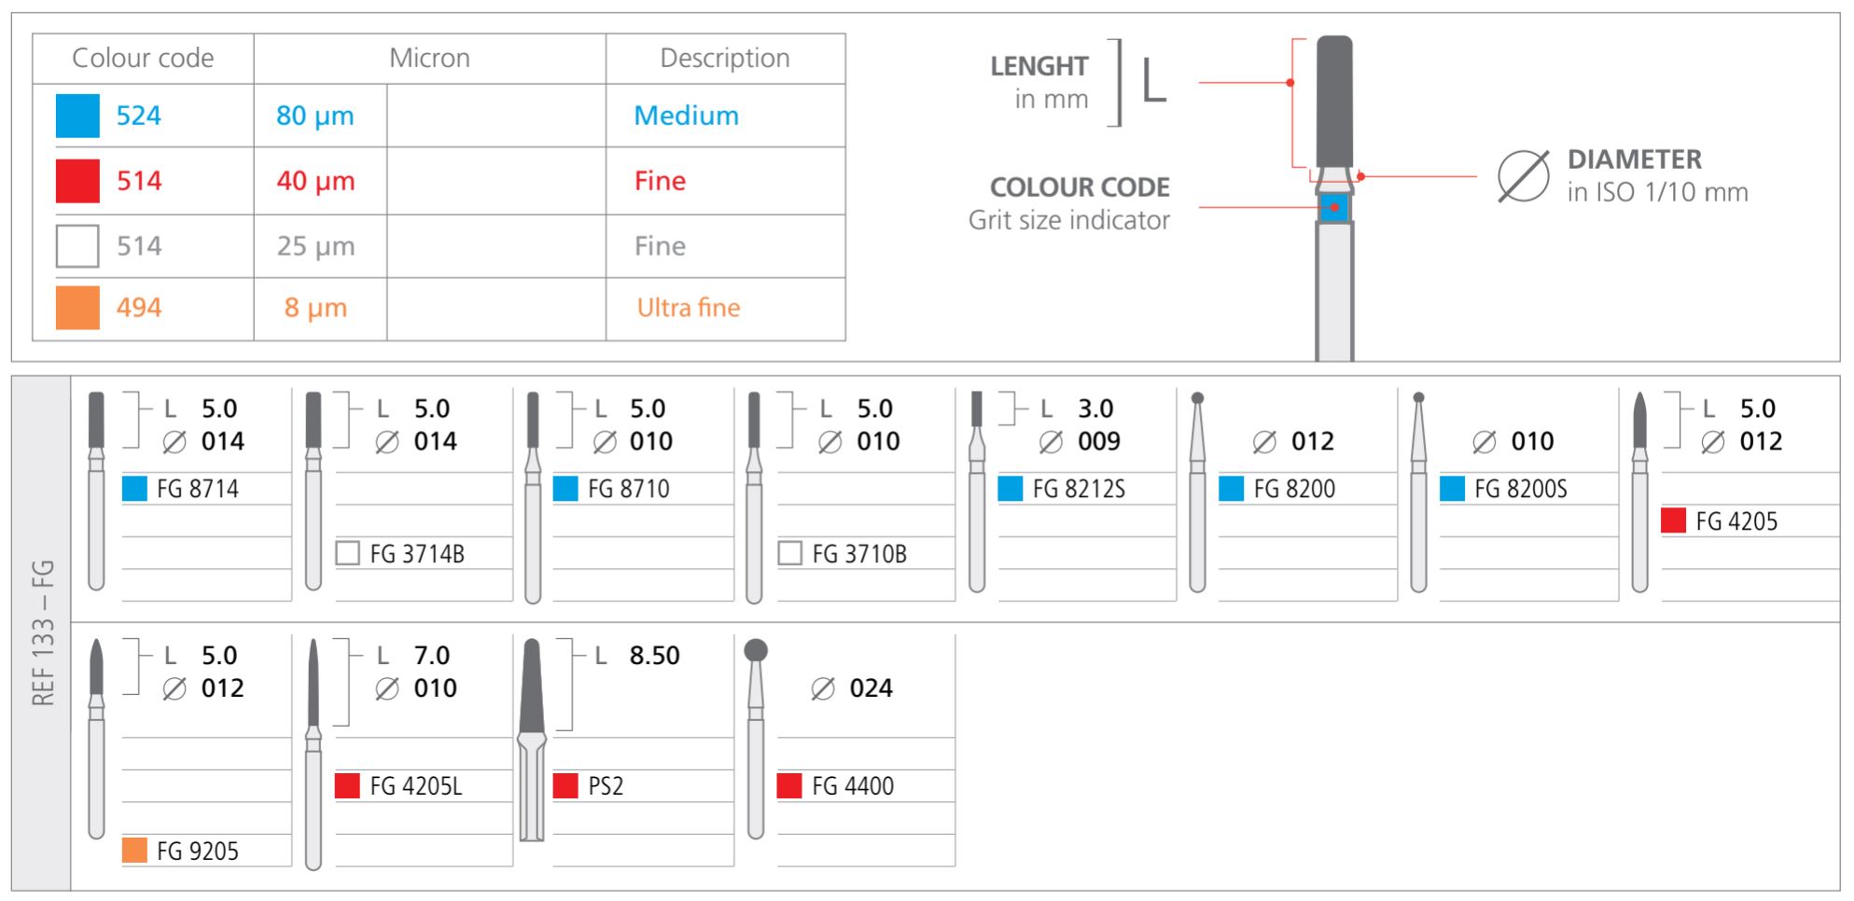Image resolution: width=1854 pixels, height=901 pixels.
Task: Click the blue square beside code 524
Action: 77,116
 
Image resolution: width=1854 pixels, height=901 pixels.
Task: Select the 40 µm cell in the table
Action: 315,181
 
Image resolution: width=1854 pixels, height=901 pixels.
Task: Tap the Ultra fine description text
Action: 688,308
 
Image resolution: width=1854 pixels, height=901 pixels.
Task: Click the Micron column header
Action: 429,58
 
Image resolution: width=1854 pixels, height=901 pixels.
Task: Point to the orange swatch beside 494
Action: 77,308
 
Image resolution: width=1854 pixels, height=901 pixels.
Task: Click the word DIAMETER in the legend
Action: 1634,159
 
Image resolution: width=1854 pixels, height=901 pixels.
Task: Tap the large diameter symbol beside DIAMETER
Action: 1523,175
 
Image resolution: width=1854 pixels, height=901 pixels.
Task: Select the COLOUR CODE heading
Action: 1079,187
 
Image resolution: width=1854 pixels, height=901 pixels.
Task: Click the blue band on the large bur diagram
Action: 1334,207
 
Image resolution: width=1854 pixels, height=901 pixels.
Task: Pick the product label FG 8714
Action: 197,489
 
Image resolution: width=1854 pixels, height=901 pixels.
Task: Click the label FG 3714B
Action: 416,554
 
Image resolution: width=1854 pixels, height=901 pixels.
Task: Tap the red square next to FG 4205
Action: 1673,520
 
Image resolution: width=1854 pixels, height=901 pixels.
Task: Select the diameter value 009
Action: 1098,441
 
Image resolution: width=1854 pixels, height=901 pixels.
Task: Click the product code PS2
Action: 606,786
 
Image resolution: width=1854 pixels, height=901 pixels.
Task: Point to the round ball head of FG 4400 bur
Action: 756,650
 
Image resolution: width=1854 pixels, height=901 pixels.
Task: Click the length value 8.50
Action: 654,656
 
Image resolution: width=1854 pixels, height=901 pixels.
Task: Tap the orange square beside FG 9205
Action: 134,851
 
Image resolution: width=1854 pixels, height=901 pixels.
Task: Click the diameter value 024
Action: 871,688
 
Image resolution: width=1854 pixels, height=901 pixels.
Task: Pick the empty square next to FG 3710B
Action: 789,554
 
